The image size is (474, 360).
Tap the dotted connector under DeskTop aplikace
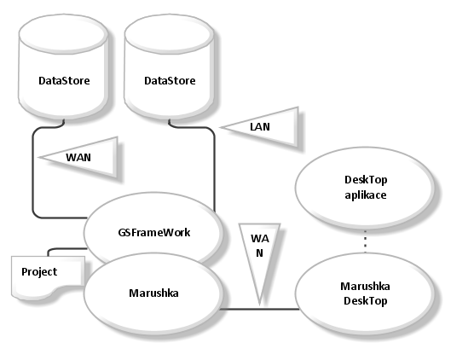(365, 241)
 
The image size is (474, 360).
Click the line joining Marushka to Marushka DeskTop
(259, 309)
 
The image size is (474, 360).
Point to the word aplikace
(366, 195)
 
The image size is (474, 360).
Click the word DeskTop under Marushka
(366, 301)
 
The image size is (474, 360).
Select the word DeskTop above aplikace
(366, 180)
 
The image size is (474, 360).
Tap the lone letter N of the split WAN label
(259, 253)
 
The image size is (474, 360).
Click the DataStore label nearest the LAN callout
(170, 81)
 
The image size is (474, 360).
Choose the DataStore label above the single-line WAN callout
(64, 81)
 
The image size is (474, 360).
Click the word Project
(39, 272)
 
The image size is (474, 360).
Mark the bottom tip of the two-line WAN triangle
(259, 303)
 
